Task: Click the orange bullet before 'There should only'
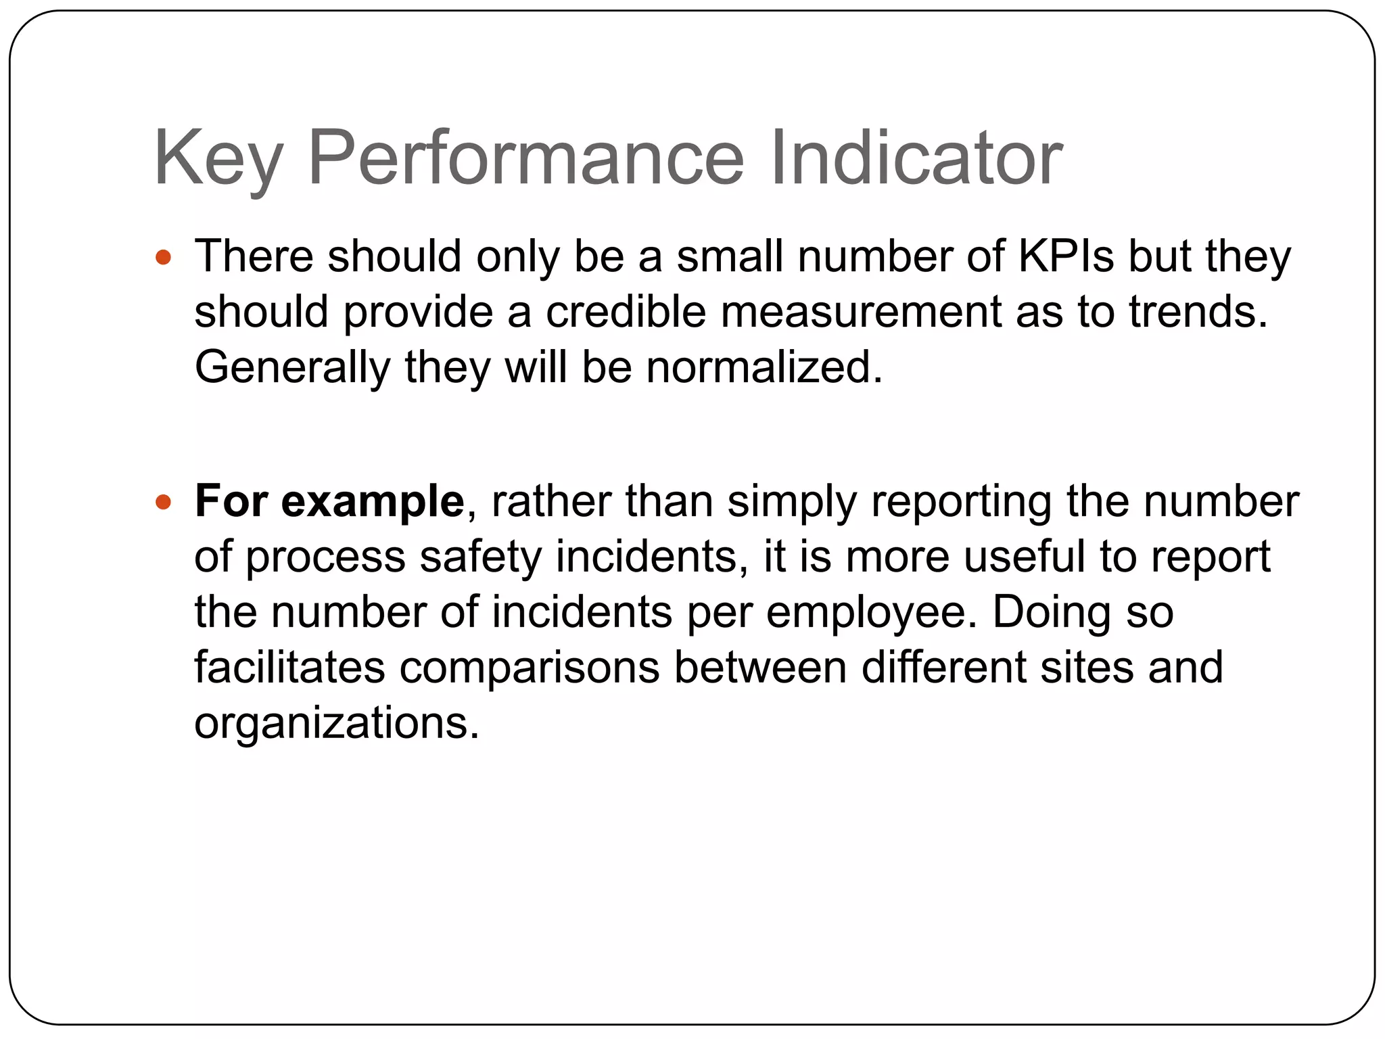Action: (x=163, y=258)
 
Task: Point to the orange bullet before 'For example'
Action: (x=163, y=503)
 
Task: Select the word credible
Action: (x=626, y=312)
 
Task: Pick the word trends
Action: (x=1198, y=312)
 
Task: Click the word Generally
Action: (x=292, y=367)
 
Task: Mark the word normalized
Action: (x=764, y=367)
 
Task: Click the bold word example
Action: (x=373, y=502)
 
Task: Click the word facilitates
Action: (x=289, y=668)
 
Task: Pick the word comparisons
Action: (x=530, y=668)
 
